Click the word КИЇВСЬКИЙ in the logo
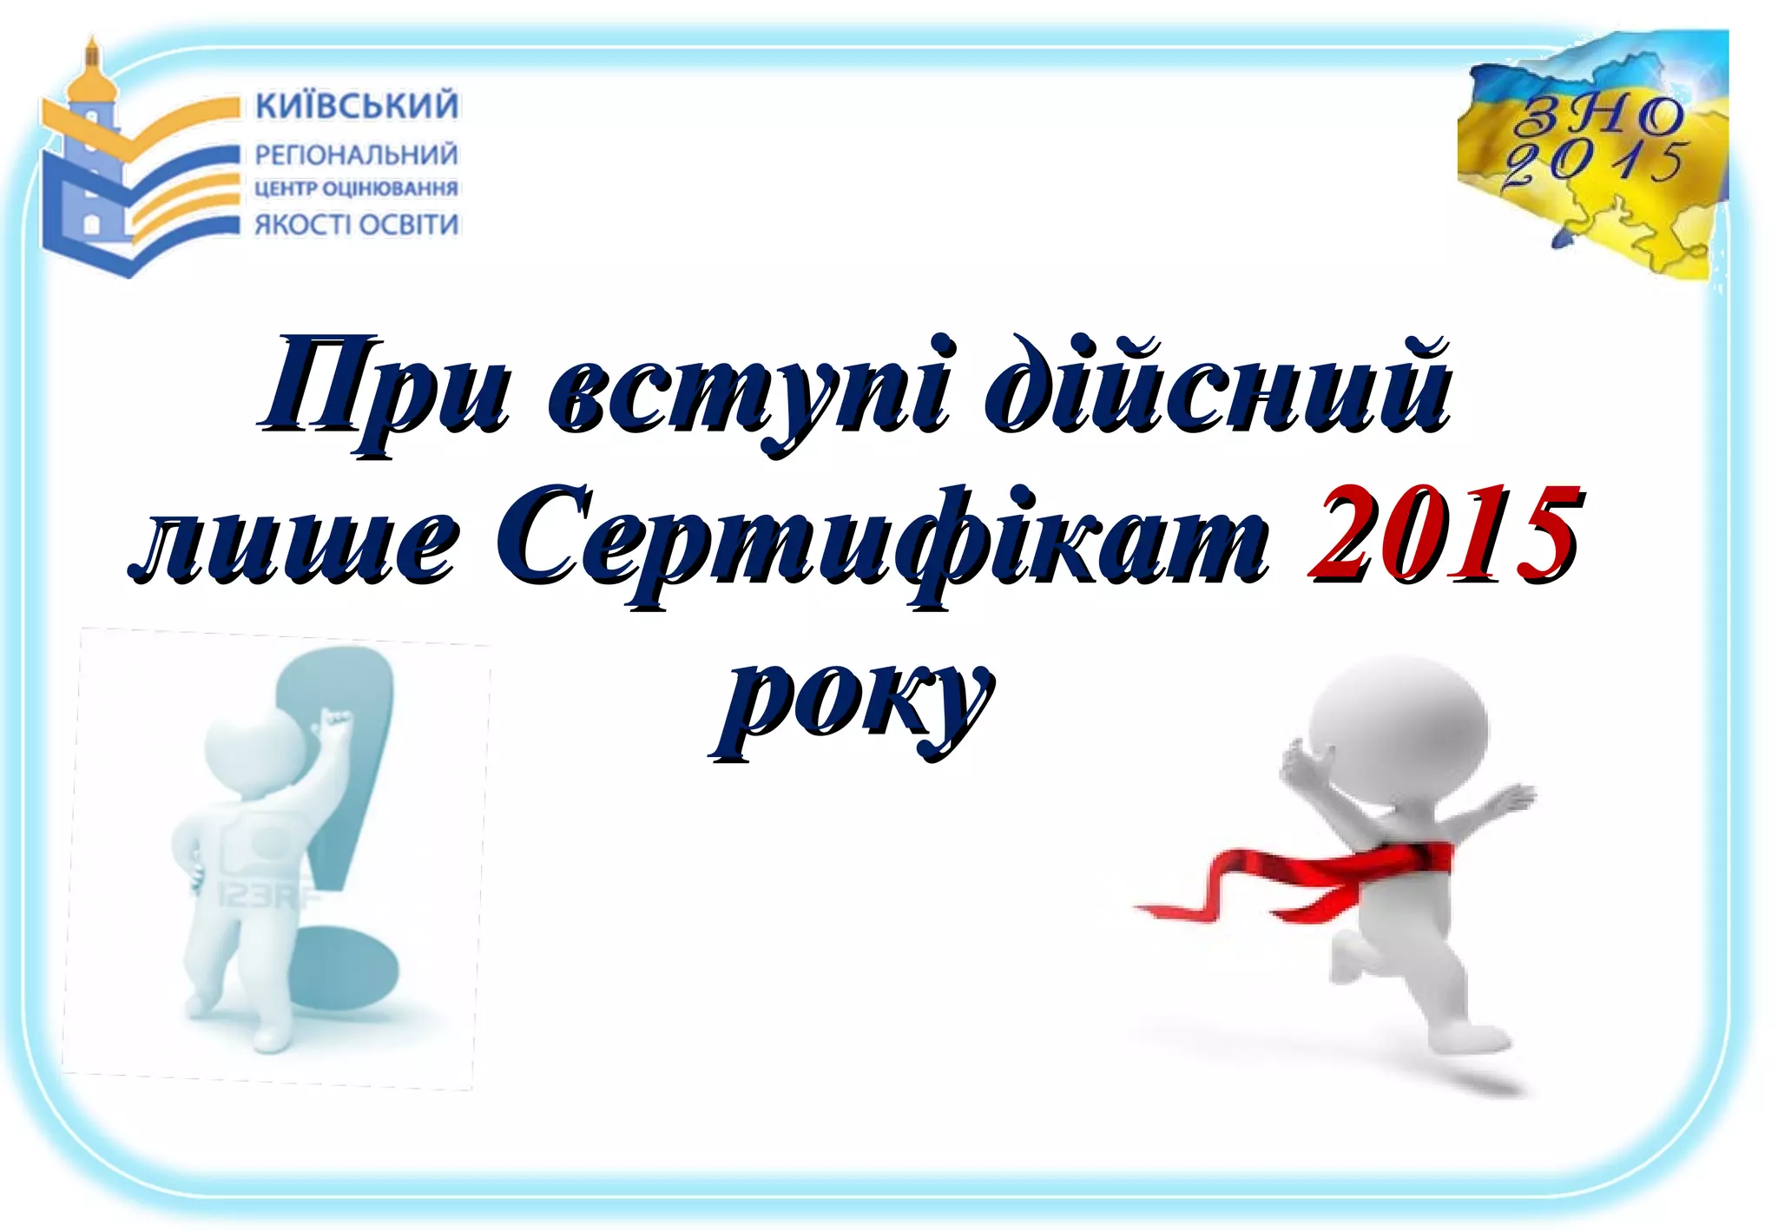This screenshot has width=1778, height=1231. pyautogui.click(x=357, y=106)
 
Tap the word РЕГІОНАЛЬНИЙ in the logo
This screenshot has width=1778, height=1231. pyautogui.click(x=356, y=155)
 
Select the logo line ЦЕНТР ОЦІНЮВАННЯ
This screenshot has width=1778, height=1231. pyautogui.click(x=356, y=188)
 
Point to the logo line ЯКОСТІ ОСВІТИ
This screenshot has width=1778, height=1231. pyautogui.click(x=356, y=224)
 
